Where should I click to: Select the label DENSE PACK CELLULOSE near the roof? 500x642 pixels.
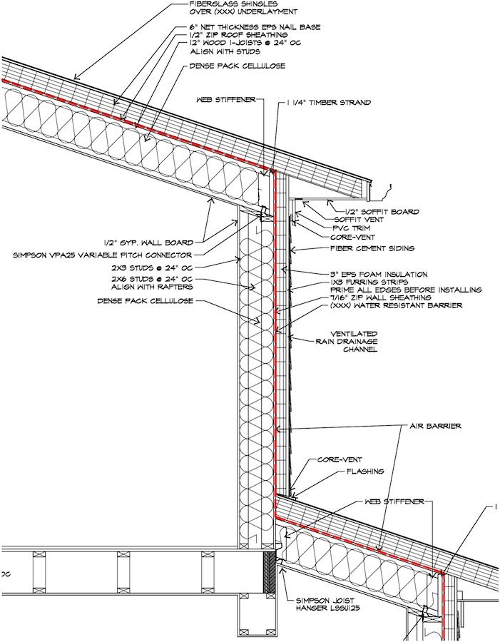click(x=237, y=66)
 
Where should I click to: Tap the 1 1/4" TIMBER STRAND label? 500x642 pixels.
click(x=328, y=103)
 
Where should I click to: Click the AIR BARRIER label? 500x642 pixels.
click(x=435, y=426)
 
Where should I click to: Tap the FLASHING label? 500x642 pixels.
click(x=366, y=472)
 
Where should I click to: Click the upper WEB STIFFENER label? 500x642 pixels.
click(x=222, y=100)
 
